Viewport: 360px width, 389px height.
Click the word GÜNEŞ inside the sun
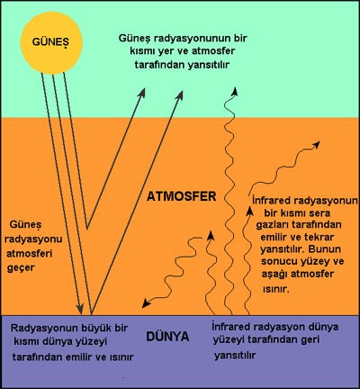coord(50,41)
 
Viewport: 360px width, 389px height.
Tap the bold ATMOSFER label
coord(182,196)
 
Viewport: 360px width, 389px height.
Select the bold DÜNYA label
coord(167,336)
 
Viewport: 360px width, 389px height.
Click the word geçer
coord(21,268)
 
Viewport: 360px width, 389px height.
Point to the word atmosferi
coord(30,254)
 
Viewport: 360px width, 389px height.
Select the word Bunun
coord(326,249)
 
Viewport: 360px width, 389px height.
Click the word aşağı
coord(274,275)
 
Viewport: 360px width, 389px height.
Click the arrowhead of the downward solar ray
coord(79,309)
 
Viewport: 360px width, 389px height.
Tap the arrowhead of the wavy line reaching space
coord(235,91)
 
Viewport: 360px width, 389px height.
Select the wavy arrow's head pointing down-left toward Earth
coord(146,303)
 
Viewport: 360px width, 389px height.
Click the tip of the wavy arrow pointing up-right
coord(319,141)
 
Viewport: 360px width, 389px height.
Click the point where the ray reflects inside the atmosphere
coord(87,229)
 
